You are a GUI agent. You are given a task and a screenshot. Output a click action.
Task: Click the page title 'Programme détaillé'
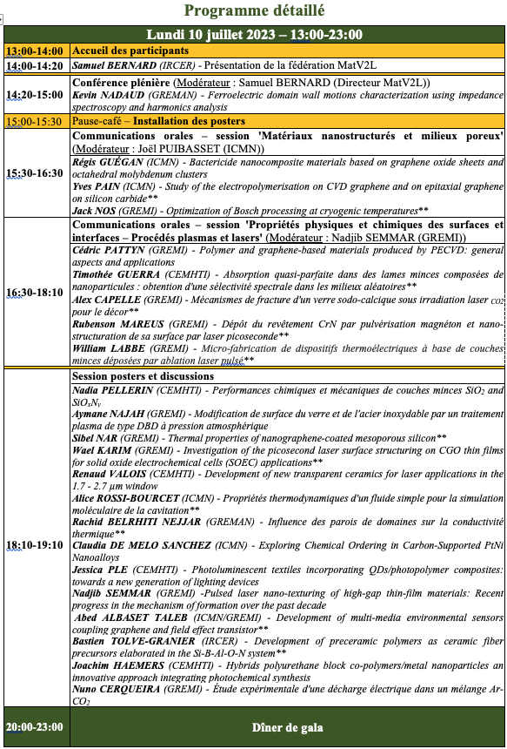pos(253,12)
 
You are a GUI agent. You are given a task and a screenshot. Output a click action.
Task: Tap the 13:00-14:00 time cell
pos(36,51)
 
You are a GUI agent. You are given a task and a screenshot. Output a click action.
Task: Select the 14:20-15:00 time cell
pos(36,94)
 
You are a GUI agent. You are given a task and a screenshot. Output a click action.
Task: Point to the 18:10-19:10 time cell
pos(36,545)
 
